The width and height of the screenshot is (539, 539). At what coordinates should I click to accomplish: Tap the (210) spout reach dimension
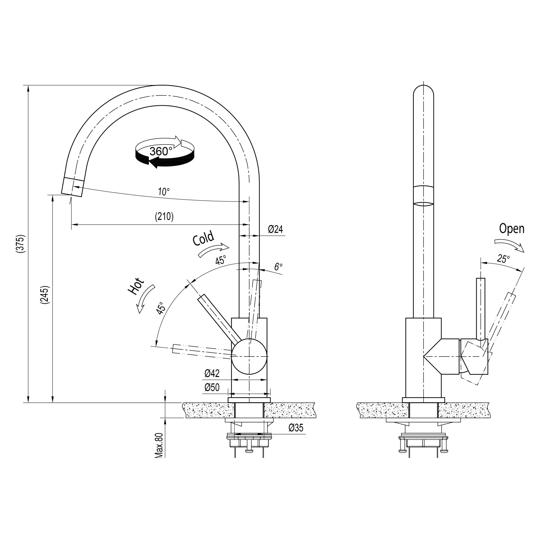[x=164, y=216]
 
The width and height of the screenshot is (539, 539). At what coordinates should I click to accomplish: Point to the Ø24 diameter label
[x=275, y=229]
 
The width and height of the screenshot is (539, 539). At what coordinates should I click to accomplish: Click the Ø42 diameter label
[x=212, y=373]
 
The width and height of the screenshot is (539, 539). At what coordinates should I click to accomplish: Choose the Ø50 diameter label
[x=212, y=387]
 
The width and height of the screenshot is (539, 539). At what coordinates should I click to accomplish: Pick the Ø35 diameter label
[x=296, y=428]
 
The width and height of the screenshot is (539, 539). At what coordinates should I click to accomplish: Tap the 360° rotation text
[x=161, y=152]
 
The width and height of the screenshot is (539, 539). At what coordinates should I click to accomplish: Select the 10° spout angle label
[x=164, y=192]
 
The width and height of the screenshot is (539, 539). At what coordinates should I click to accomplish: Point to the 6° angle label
[x=278, y=266]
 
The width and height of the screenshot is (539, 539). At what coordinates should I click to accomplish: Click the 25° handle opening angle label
[x=503, y=259]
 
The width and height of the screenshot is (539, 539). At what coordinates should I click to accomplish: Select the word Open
[x=511, y=229]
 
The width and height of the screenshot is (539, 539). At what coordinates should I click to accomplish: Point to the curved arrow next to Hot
[x=145, y=299]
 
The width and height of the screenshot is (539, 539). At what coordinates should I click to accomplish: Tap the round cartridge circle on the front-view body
[x=249, y=356]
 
